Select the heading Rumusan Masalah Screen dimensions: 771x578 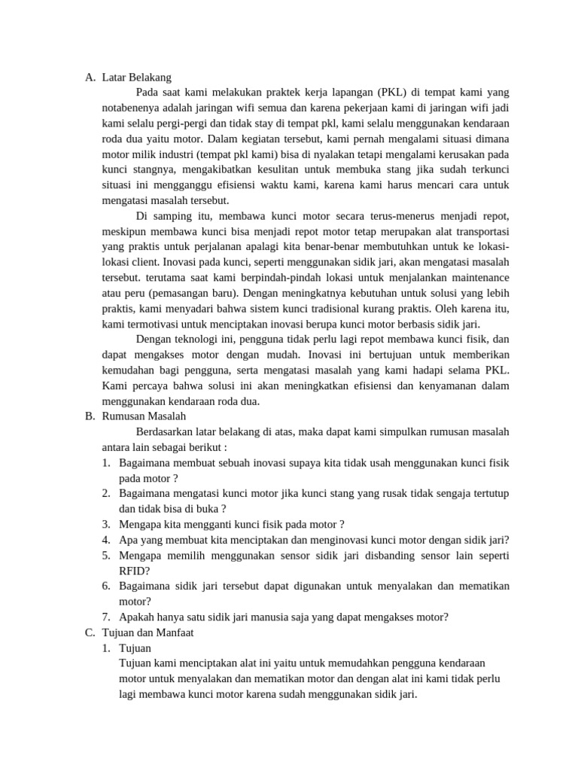143,416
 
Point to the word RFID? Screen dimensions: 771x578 135,571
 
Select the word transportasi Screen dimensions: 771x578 478,230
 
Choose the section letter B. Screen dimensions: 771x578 89,416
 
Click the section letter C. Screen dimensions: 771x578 89,632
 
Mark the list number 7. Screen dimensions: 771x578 106,617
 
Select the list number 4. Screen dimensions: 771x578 106,540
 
